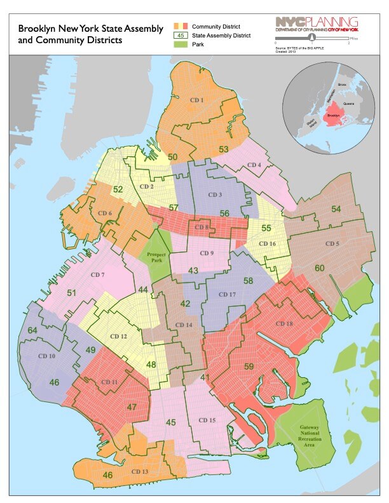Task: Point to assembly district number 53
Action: point(224,149)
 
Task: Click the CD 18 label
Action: point(284,324)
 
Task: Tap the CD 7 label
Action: point(98,274)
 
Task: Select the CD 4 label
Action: point(254,166)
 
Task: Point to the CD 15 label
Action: point(207,420)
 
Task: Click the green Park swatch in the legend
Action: point(178,45)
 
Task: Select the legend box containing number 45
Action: point(178,36)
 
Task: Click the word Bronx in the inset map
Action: point(341,84)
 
